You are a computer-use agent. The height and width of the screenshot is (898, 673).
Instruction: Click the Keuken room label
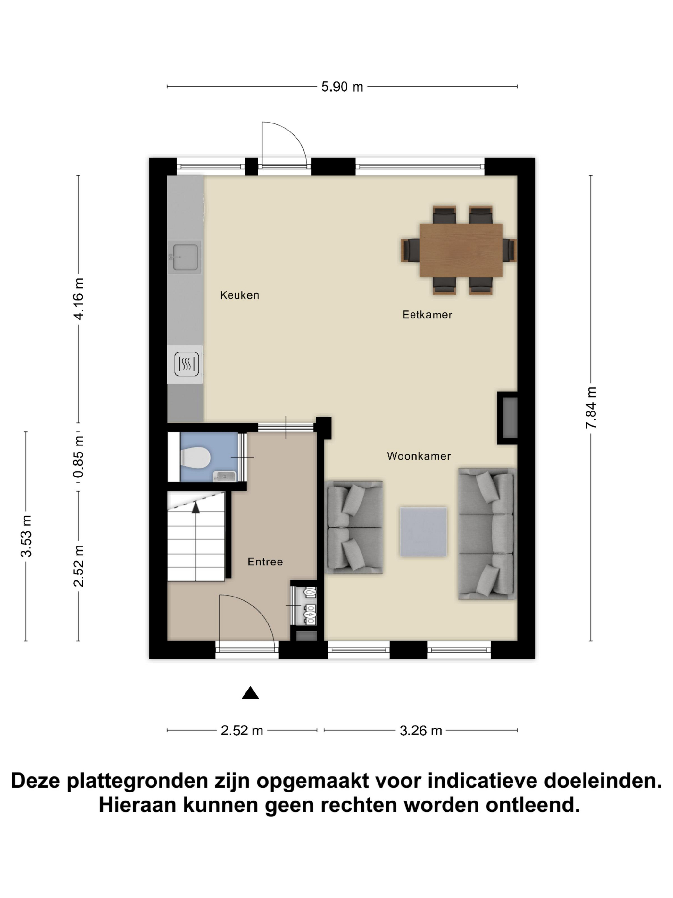[x=239, y=295]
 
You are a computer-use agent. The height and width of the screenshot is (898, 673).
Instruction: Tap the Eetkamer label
[x=427, y=315]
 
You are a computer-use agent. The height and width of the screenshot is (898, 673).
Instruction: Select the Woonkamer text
[x=419, y=456]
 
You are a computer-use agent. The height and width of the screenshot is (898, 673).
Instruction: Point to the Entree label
[x=265, y=562]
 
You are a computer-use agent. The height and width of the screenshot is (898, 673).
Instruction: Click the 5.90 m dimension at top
[x=342, y=87]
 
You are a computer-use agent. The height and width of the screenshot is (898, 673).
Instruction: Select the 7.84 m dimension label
[x=591, y=408]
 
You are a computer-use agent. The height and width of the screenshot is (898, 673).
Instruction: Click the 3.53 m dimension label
[x=26, y=536]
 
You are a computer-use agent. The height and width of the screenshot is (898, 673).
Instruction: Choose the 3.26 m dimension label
[x=421, y=731]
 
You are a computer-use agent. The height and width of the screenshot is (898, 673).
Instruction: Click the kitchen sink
[x=185, y=257]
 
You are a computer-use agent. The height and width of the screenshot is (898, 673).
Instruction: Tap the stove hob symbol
[x=187, y=364]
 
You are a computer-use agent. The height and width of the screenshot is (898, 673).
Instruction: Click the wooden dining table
[x=461, y=250]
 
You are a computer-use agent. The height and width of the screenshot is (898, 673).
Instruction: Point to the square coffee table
[x=423, y=531]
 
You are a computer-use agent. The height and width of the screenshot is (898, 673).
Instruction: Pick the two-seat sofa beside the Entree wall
[x=354, y=527]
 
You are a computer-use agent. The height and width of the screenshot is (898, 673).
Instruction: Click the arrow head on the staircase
[x=195, y=507]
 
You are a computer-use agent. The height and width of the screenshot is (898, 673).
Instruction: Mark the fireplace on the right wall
[x=508, y=418]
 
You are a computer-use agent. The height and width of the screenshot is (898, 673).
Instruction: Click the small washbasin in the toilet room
[x=224, y=476]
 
